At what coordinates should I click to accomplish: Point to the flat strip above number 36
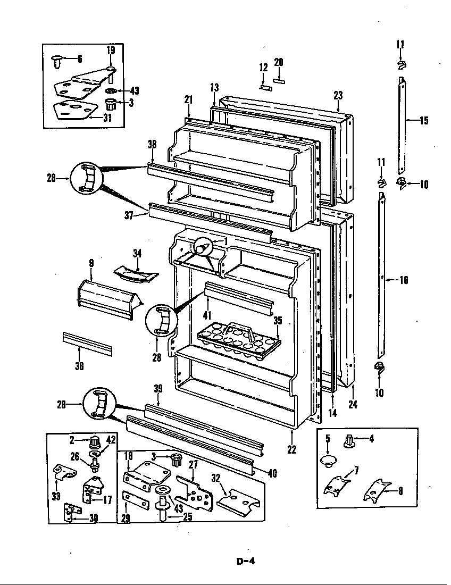[88, 344]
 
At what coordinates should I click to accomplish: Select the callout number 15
[423, 120]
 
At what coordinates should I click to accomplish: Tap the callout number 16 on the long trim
[404, 280]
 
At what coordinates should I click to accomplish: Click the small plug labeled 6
[57, 62]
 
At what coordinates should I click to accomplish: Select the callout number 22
[291, 449]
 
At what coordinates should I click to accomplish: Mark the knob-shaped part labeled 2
[95, 441]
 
